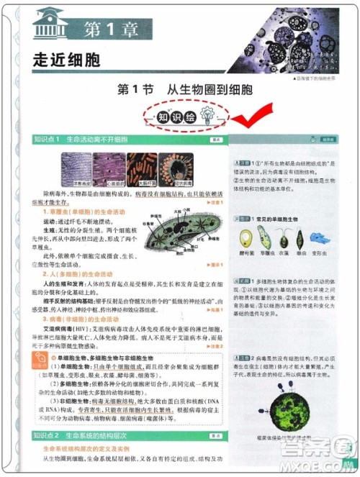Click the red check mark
tap(248, 114)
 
